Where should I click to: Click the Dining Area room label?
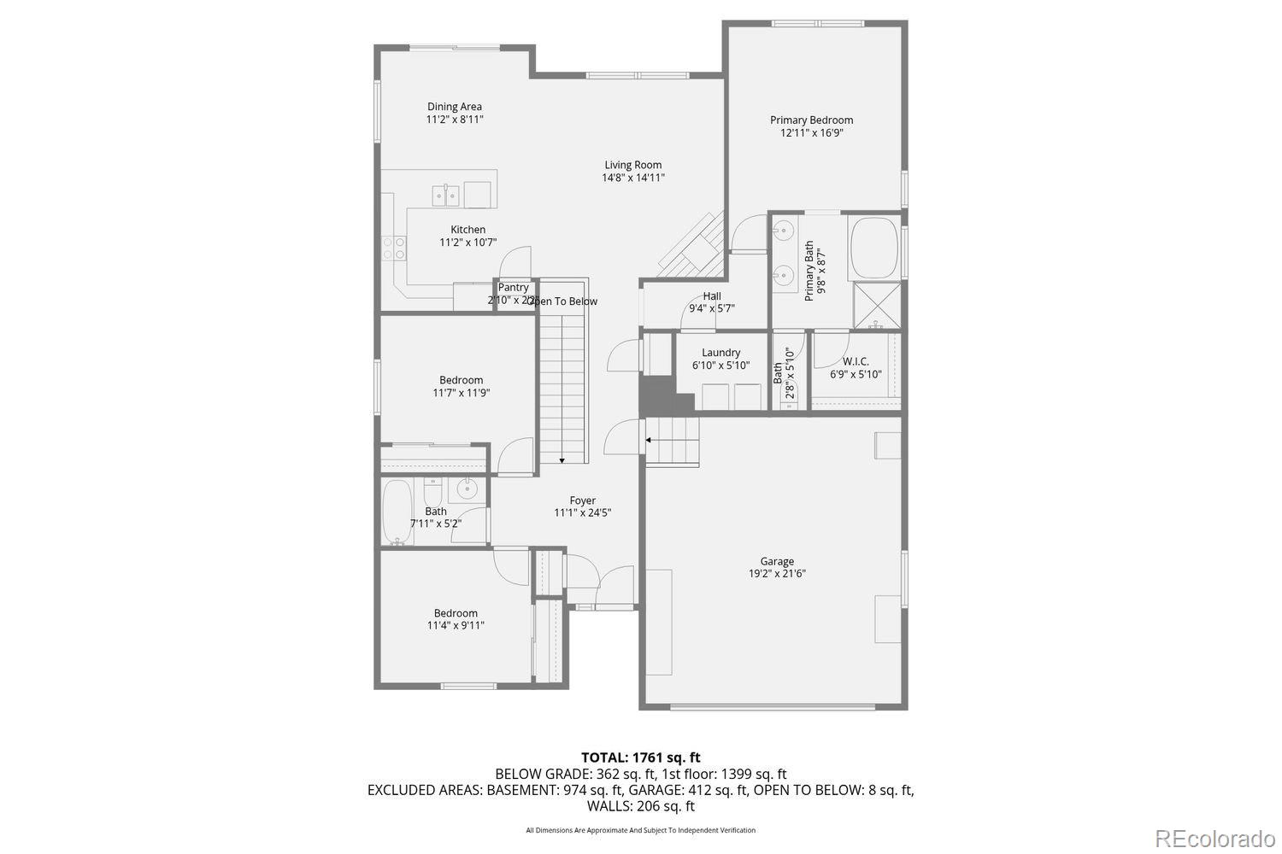(x=455, y=107)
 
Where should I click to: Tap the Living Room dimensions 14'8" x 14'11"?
(x=633, y=178)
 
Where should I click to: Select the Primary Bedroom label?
(x=811, y=120)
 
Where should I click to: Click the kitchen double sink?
(x=445, y=196)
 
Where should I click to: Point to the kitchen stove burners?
(x=394, y=248)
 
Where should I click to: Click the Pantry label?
(x=514, y=288)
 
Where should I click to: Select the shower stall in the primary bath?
(x=876, y=305)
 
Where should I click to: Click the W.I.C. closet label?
(x=856, y=361)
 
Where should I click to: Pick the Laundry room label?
(x=721, y=353)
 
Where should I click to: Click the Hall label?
(x=712, y=296)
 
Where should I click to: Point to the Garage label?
(x=777, y=562)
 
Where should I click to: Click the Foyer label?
(x=583, y=500)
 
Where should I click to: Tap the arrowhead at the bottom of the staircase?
(x=562, y=461)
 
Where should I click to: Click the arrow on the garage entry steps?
(x=649, y=441)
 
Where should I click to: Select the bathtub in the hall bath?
(x=397, y=512)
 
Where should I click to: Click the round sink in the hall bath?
(x=467, y=489)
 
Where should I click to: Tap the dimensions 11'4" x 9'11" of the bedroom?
(x=456, y=625)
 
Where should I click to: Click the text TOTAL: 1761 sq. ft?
(x=640, y=757)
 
